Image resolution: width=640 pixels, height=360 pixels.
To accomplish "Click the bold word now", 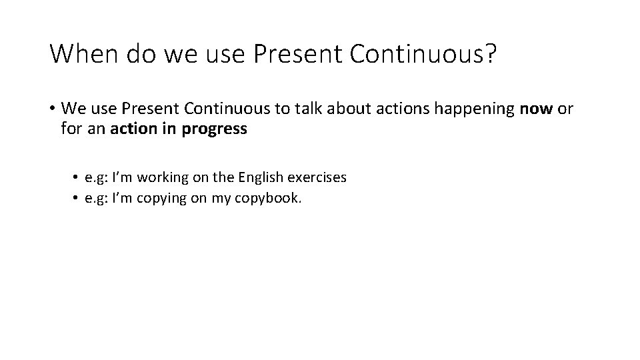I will [536, 109].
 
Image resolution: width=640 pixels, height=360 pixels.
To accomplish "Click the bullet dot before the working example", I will [77, 177].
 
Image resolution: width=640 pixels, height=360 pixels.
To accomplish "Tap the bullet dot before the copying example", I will [77, 198].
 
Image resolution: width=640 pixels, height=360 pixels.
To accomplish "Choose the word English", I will [260, 177].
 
